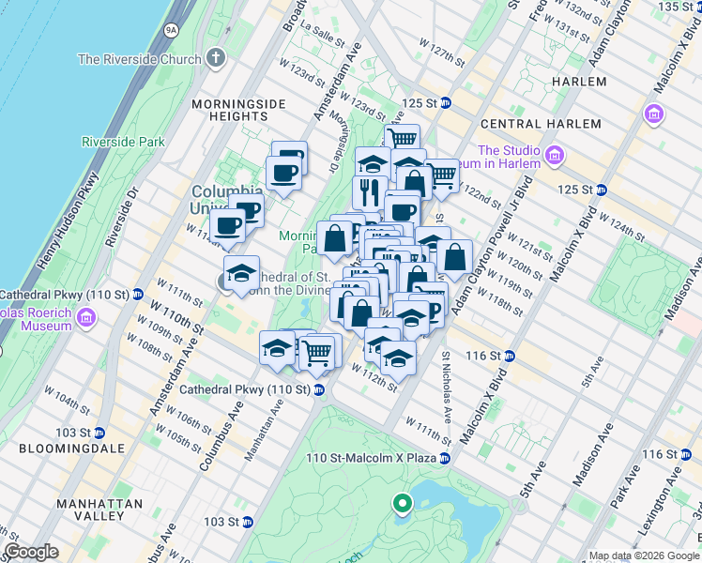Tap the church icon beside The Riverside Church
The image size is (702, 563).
[x=217, y=58]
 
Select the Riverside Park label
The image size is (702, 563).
[x=123, y=142]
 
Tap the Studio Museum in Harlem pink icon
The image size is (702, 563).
[x=555, y=154]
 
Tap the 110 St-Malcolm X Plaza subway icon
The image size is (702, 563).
[x=445, y=458]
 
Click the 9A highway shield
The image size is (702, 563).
[x=170, y=30]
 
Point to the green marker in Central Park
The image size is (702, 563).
[x=403, y=506]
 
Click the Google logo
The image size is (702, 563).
[x=30, y=552]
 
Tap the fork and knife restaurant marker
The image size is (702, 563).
[x=369, y=192]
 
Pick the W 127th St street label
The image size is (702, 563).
[x=444, y=56]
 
